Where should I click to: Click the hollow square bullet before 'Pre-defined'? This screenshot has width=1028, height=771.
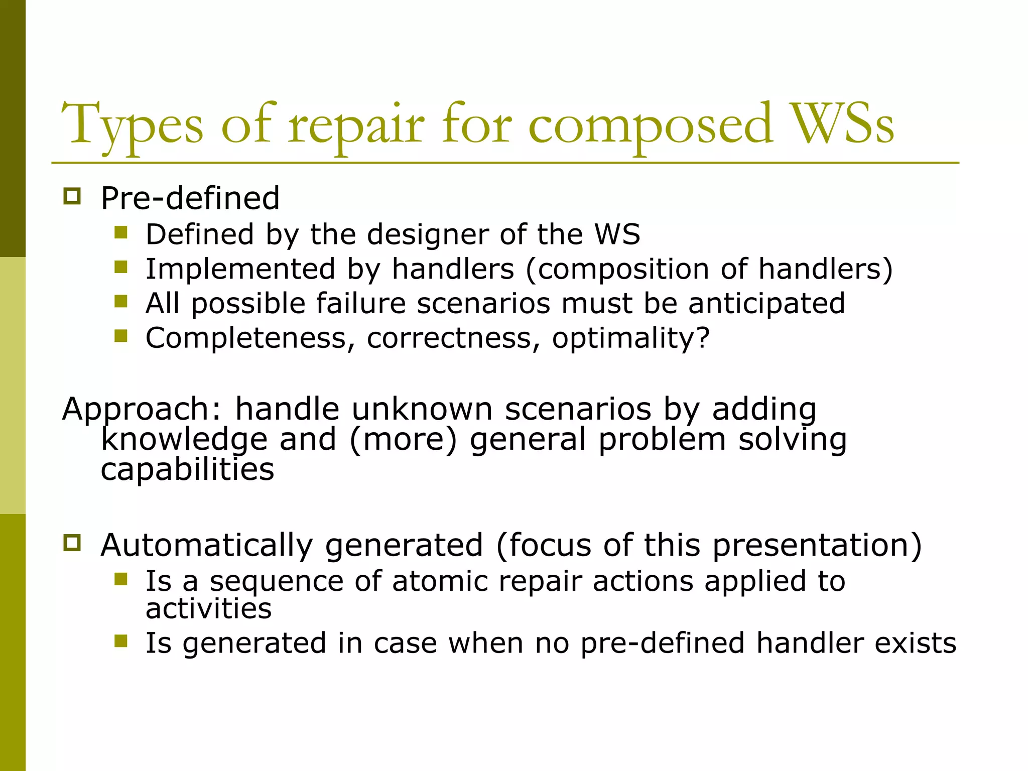[72, 196]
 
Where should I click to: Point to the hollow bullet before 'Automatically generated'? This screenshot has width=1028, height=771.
[72, 543]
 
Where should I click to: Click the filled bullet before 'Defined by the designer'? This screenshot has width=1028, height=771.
[121, 232]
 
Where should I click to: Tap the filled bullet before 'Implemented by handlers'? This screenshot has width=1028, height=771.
[121, 267]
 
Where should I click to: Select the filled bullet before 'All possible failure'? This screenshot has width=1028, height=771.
[121, 301]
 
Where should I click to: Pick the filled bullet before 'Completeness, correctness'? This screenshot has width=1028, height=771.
[121, 335]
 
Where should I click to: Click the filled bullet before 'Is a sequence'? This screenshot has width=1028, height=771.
[121, 579]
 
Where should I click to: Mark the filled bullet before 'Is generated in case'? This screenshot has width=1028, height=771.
[121, 641]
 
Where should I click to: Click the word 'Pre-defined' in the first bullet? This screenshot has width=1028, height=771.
[190, 198]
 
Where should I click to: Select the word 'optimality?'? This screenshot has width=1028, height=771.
[631, 338]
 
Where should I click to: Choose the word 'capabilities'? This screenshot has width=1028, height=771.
[187, 470]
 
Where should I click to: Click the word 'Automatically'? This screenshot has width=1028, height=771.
[207, 545]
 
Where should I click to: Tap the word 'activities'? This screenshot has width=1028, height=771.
[208, 608]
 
